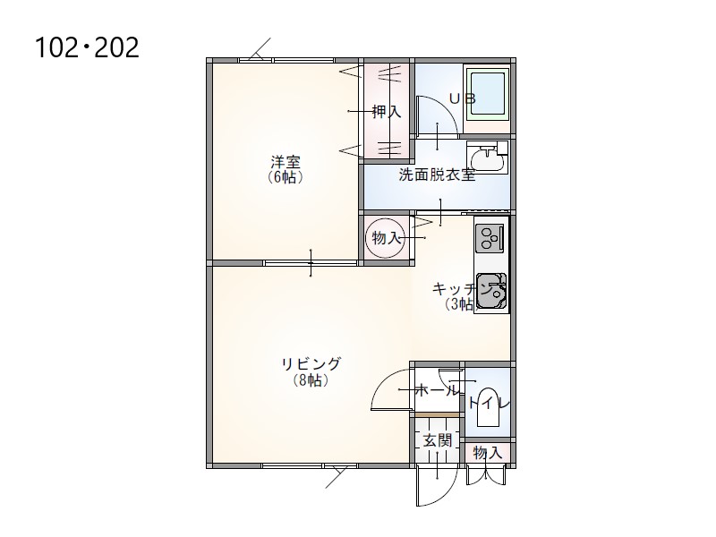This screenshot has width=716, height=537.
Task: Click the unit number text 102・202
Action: (87, 47)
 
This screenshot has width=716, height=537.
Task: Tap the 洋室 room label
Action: (286, 162)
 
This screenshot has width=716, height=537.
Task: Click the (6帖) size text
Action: (286, 177)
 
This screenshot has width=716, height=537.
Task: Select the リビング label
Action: (311, 364)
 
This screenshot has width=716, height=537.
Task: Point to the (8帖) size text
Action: (311, 379)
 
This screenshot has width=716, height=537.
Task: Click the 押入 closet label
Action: (387, 111)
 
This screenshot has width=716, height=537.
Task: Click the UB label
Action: (462, 98)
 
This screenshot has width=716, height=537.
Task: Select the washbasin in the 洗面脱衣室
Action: (488, 158)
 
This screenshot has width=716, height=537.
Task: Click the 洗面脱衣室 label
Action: (437, 175)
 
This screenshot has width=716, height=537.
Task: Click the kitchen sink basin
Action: (490, 291)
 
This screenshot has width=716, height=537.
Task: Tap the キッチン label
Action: (461, 289)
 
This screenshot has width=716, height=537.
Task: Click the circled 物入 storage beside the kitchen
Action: (386, 237)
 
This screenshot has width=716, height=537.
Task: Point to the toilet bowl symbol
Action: (488, 407)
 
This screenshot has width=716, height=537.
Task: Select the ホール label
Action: (436, 390)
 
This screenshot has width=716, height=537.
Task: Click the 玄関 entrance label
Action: (438, 440)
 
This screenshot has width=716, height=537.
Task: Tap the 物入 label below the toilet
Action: (488, 453)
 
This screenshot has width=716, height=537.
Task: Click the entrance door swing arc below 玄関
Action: (450, 493)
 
